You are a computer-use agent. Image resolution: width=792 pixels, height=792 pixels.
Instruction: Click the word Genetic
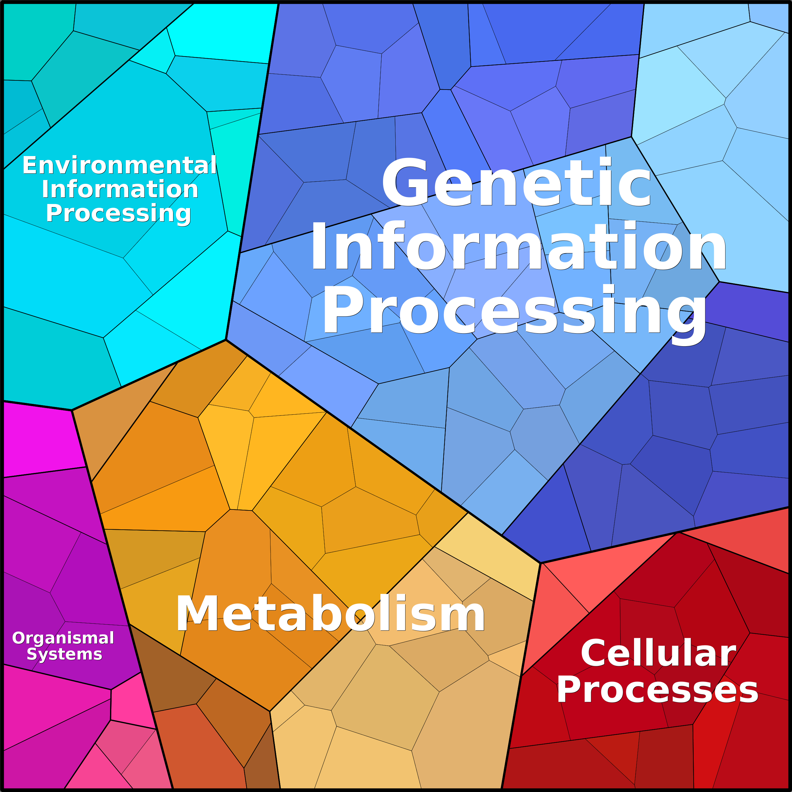pos(516,183)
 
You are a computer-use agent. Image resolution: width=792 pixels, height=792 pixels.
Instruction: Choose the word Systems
pos(64,654)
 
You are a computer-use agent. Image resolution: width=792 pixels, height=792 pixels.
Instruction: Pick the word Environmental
pos(119,165)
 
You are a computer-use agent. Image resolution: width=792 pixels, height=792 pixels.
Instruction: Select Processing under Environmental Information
pos(119,213)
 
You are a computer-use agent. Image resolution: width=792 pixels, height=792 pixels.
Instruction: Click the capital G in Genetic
pos(404,183)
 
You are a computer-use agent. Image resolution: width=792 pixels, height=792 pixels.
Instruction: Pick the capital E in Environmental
pos(30,165)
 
